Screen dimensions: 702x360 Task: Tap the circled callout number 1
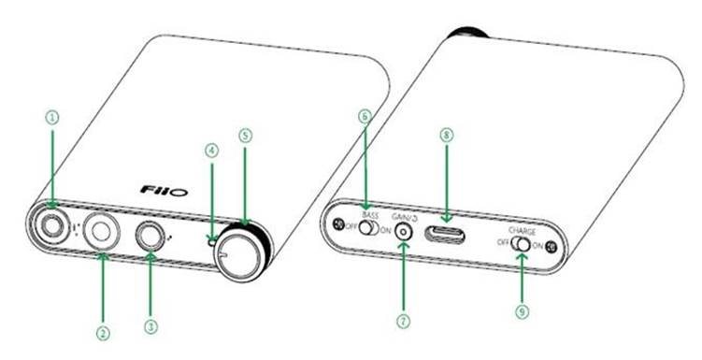click(x=52, y=117)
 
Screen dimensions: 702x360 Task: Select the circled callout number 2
click(x=104, y=332)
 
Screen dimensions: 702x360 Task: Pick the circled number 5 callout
click(x=245, y=135)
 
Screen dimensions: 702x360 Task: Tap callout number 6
click(x=365, y=116)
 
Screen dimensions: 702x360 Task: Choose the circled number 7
click(x=404, y=320)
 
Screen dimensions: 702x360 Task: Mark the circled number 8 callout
click(x=446, y=135)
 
